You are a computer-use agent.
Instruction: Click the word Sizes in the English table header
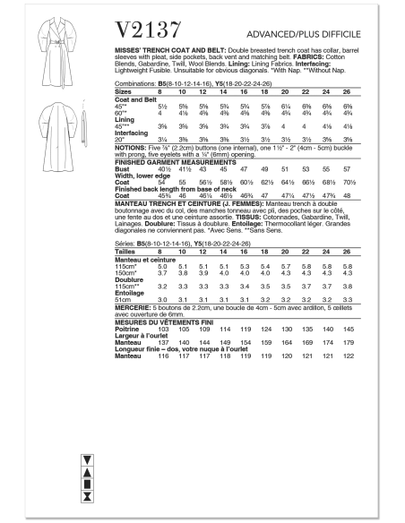125,91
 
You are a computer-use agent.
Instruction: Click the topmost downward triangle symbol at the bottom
87,457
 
